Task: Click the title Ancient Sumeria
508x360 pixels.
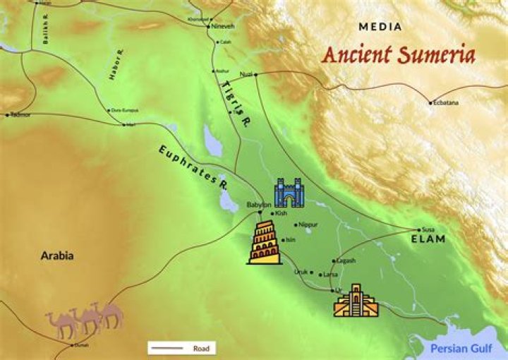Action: (398, 55)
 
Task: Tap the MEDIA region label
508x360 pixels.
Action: (380, 27)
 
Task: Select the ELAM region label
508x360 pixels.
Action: (428, 239)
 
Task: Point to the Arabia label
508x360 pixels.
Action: (56, 256)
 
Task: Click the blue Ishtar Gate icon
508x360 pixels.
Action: (288, 192)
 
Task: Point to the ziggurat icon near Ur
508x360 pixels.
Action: (355, 300)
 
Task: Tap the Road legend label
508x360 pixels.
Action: (201, 348)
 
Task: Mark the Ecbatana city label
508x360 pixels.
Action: (446, 103)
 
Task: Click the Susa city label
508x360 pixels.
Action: (428, 229)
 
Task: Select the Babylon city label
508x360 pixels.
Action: (258, 205)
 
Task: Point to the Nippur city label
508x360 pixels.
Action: (308, 224)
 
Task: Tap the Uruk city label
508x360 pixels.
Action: (301, 272)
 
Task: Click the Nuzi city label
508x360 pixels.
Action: (246, 74)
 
